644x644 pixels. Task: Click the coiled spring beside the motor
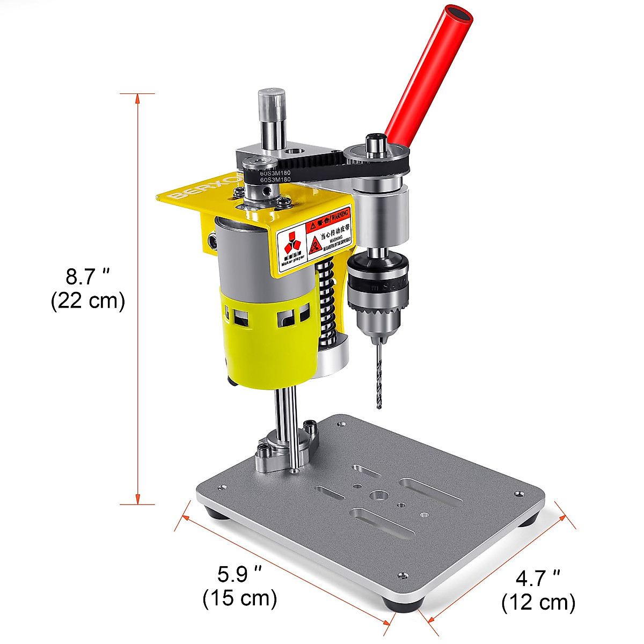[x=326, y=301]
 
